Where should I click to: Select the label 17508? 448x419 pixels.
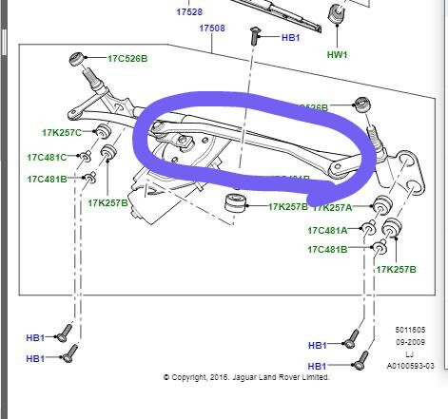pyautogui.click(x=212, y=29)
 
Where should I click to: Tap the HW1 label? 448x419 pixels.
pyautogui.click(x=337, y=54)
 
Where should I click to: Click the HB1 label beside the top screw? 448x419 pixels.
pyautogui.click(x=290, y=37)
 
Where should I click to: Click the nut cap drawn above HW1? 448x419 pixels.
pyautogui.click(x=335, y=16)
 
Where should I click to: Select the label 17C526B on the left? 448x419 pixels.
pyautogui.click(x=127, y=59)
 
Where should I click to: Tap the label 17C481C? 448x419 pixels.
pyautogui.click(x=48, y=157)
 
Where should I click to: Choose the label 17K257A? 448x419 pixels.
pyautogui.click(x=333, y=206)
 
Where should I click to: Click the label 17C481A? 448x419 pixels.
pyautogui.click(x=327, y=230)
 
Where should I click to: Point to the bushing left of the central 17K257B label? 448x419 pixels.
pyautogui.click(x=230, y=203)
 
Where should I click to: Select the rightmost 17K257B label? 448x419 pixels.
pyautogui.click(x=397, y=270)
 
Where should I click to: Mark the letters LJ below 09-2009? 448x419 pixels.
pyautogui.click(x=409, y=352)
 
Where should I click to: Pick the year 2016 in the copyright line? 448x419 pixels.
pyautogui.click(x=222, y=377)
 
